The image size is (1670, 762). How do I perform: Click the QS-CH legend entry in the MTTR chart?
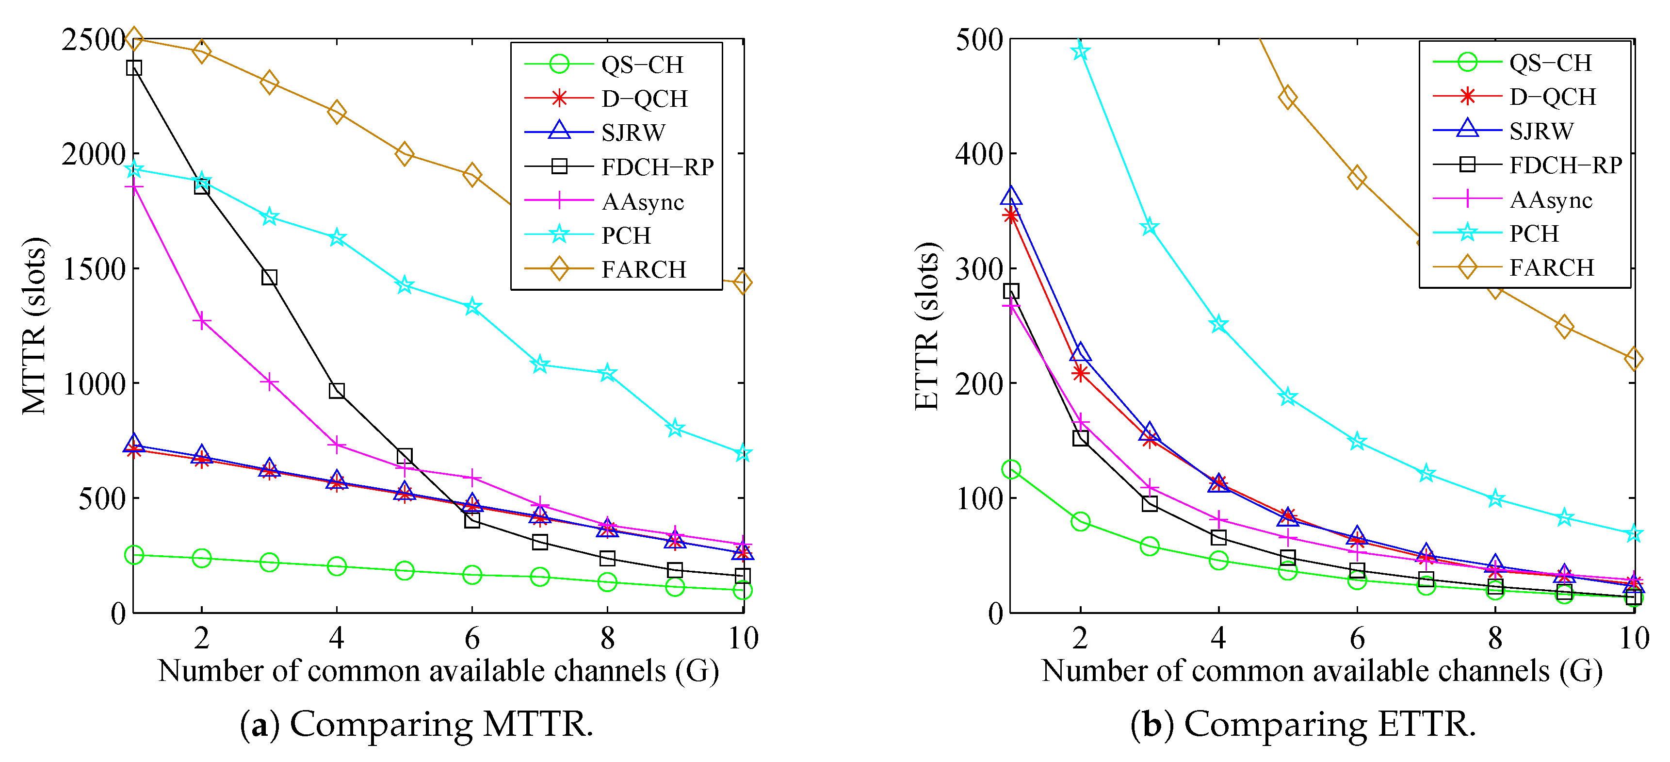click(x=641, y=64)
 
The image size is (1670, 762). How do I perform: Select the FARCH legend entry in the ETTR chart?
click(x=1551, y=267)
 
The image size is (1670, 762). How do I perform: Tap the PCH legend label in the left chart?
click(x=626, y=235)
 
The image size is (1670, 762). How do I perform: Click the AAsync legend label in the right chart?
click(x=1550, y=200)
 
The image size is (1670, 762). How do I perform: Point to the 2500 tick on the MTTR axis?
click(x=93, y=40)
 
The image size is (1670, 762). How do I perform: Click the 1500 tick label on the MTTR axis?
click(x=93, y=269)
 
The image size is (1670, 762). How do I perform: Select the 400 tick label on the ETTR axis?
click(x=980, y=154)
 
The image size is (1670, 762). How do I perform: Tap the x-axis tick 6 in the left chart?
click(x=472, y=639)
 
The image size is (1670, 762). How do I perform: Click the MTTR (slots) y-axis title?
click(x=34, y=326)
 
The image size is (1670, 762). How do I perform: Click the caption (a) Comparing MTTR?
click(x=416, y=725)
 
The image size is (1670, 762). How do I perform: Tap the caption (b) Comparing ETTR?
click(x=1303, y=725)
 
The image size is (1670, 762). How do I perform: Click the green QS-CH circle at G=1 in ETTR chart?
click(x=1011, y=469)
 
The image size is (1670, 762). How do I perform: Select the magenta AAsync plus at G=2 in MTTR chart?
click(x=202, y=321)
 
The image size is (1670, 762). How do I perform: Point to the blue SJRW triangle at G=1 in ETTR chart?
click(x=1011, y=196)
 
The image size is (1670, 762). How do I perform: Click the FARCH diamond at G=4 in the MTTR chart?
click(x=337, y=112)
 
